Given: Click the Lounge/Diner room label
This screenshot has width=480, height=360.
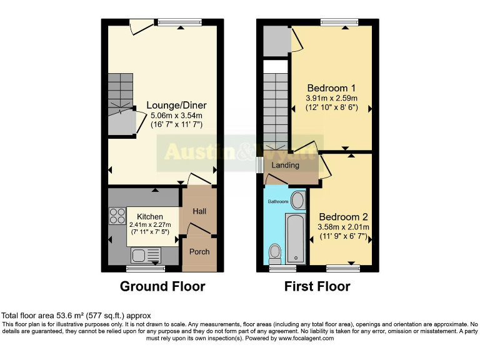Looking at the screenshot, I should [x=176, y=105].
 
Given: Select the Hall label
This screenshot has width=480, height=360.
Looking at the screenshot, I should [x=199, y=212].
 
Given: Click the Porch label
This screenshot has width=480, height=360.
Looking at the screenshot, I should [x=199, y=252].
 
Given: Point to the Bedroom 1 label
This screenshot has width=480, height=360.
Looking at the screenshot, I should [x=331, y=88].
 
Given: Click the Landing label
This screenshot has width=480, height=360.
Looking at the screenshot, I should [x=285, y=166].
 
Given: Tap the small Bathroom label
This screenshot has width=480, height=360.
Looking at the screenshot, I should [x=278, y=202].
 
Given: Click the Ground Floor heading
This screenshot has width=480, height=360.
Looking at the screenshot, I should [x=162, y=287].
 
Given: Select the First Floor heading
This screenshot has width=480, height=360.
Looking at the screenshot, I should [x=317, y=287].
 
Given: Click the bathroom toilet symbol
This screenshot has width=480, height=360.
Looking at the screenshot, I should [x=274, y=253].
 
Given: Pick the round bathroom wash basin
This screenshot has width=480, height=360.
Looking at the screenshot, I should [x=297, y=201].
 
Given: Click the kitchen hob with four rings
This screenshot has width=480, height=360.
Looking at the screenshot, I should [x=117, y=216].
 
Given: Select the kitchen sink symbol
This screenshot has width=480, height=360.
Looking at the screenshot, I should [x=146, y=254].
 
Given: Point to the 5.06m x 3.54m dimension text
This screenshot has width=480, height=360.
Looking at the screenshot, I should [x=176, y=115].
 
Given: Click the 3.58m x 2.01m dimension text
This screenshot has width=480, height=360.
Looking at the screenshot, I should [x=343, y=227].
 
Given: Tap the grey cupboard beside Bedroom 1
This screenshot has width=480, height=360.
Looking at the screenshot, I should [x=275, y=39].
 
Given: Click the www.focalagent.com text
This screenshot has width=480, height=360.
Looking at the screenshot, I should [x=306, y=338].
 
